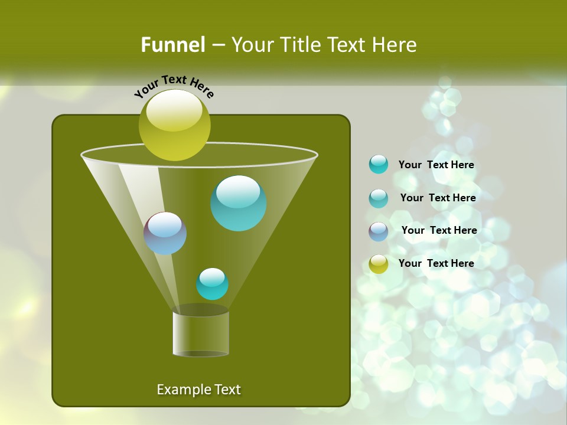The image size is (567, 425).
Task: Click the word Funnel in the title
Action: point(173,44)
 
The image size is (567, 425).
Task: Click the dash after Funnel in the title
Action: point(218,45)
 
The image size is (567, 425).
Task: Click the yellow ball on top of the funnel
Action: point(174,126)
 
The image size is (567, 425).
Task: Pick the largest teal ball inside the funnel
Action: point(239,203)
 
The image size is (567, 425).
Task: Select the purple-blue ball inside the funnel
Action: point(165,233)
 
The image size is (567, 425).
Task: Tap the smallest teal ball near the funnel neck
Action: point(212,284)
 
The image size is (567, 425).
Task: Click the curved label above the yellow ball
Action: point(174,86)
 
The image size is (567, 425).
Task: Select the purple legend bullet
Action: point(379,231)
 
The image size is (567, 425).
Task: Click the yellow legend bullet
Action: point(379,264)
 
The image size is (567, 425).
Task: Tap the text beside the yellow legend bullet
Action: point(436,263)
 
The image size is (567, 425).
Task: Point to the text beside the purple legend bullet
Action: point(439,230)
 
